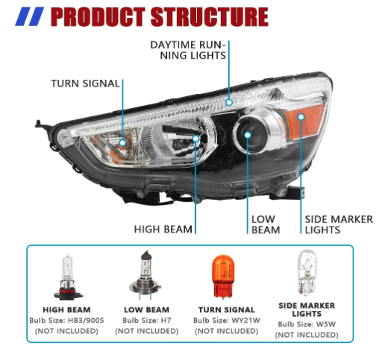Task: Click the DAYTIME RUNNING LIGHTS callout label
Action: pyautogui.click(x=189, y=49)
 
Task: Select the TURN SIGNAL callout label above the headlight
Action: pyautogui.click(x=85, y=83)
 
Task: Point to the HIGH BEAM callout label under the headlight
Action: pyautogui.click(x=163, y=229)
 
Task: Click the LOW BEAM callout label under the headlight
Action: pyautogui.click(x=264, y=224)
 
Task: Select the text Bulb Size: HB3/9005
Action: pyautogui.click(x=66, y=320)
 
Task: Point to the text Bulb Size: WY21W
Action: pyautogui.click(x=227, y=320)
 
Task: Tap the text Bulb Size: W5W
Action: pyautogui.click(x=306, y=325)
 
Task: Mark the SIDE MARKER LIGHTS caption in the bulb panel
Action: pyautogui.click(x=306, y=310)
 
